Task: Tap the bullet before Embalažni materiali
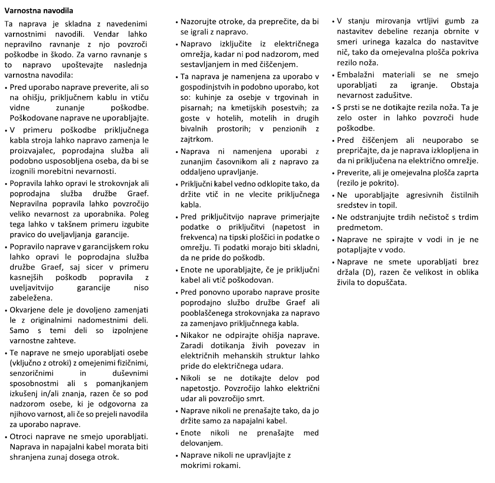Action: click(x=334, y=75)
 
